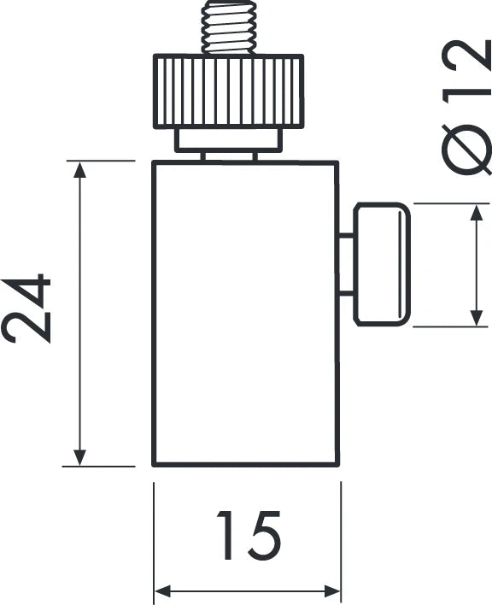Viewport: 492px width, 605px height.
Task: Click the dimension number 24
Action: tap(26, 308)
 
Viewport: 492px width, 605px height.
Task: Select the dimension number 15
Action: tap(249, 535)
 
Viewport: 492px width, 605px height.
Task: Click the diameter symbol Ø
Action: tap(466, 150)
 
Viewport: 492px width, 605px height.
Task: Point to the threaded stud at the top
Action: tap(229, 27)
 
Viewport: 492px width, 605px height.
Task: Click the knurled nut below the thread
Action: tap(229, 91)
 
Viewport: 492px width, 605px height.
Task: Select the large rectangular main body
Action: tap(246, 314)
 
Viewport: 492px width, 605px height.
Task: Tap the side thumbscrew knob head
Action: tap(382, 264)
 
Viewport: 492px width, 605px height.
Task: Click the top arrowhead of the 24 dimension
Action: tap(79, 170)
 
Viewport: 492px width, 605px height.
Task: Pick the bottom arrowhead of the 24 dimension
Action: tap(79, 458)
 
